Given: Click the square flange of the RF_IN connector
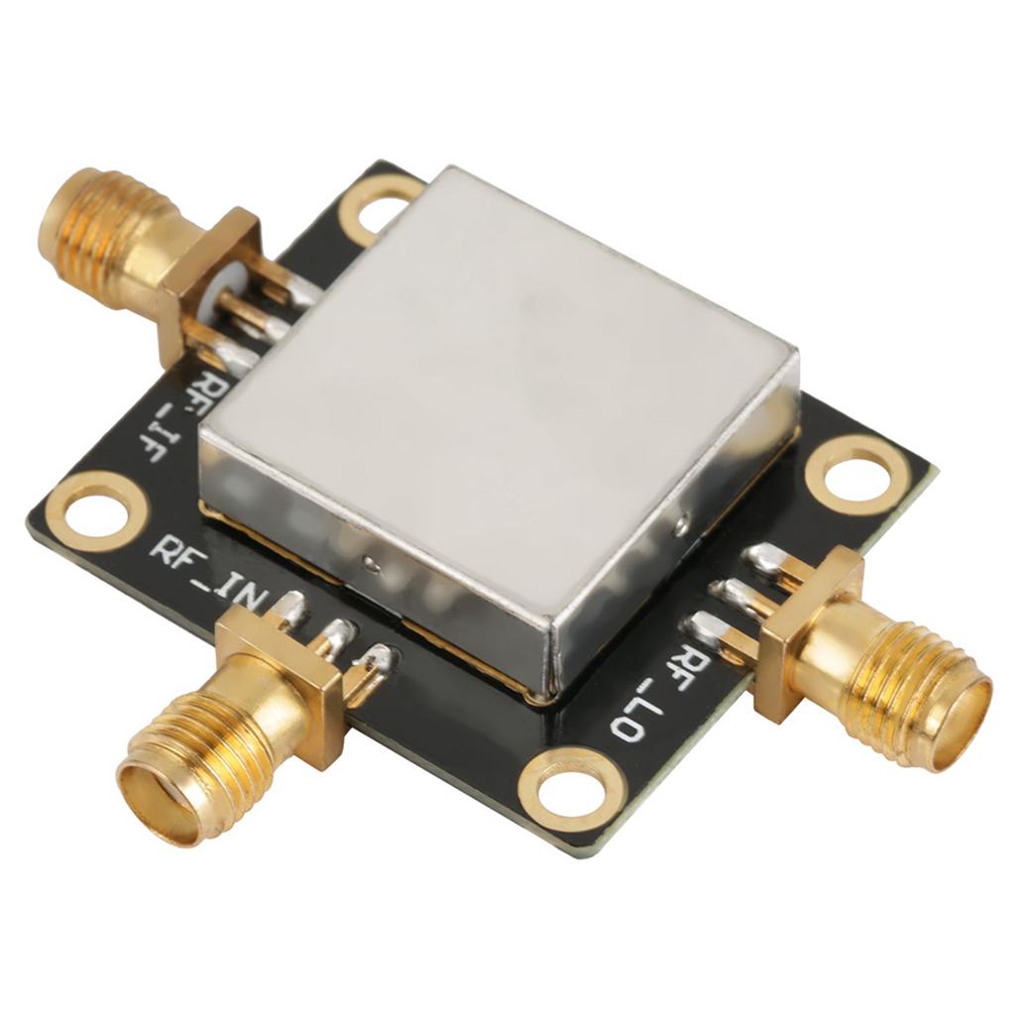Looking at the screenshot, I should pyautogui.click(x=282, y=684).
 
